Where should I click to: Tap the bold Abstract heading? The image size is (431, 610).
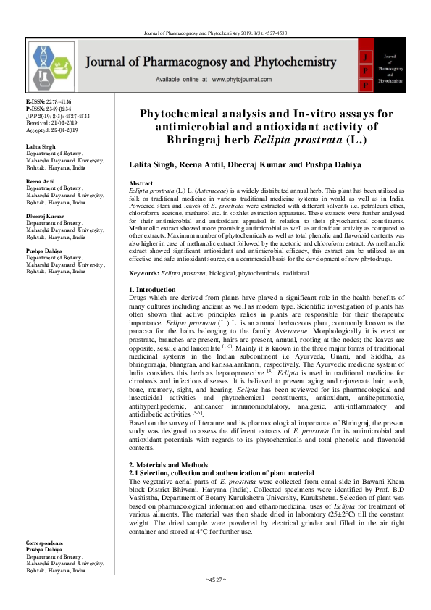pos(141,184)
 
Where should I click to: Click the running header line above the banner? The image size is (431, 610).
pos(216,32)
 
